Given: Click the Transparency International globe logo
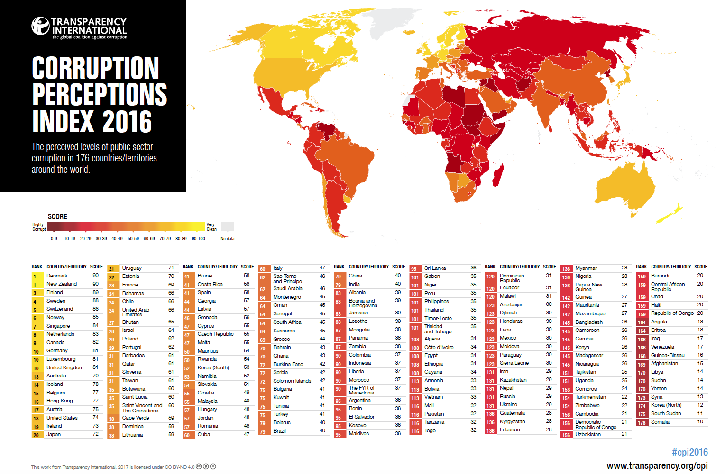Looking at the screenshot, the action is tap(40, 26).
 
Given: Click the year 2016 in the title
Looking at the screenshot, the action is tap(127, 121).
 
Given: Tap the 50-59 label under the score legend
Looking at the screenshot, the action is tap(133, 239).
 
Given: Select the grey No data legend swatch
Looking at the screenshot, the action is tap(228, 226).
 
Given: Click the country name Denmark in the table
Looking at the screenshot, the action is tap(57, 276).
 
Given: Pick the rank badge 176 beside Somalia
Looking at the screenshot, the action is tap(642, 422).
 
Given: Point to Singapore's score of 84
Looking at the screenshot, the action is tap(95, 325).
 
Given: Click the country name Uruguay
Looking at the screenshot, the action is tap(132, 268).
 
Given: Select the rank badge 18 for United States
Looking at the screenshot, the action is tap(37, 419).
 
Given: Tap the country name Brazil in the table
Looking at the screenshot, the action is tap(279, 431).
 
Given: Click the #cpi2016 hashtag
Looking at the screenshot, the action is tap(690, 452).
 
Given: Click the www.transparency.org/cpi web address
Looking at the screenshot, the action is tap(657, 466).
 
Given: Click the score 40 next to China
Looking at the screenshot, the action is tap(398, 276).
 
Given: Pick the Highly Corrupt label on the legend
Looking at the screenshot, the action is tap(39, 227).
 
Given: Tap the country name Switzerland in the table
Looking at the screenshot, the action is tap(60, 309).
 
